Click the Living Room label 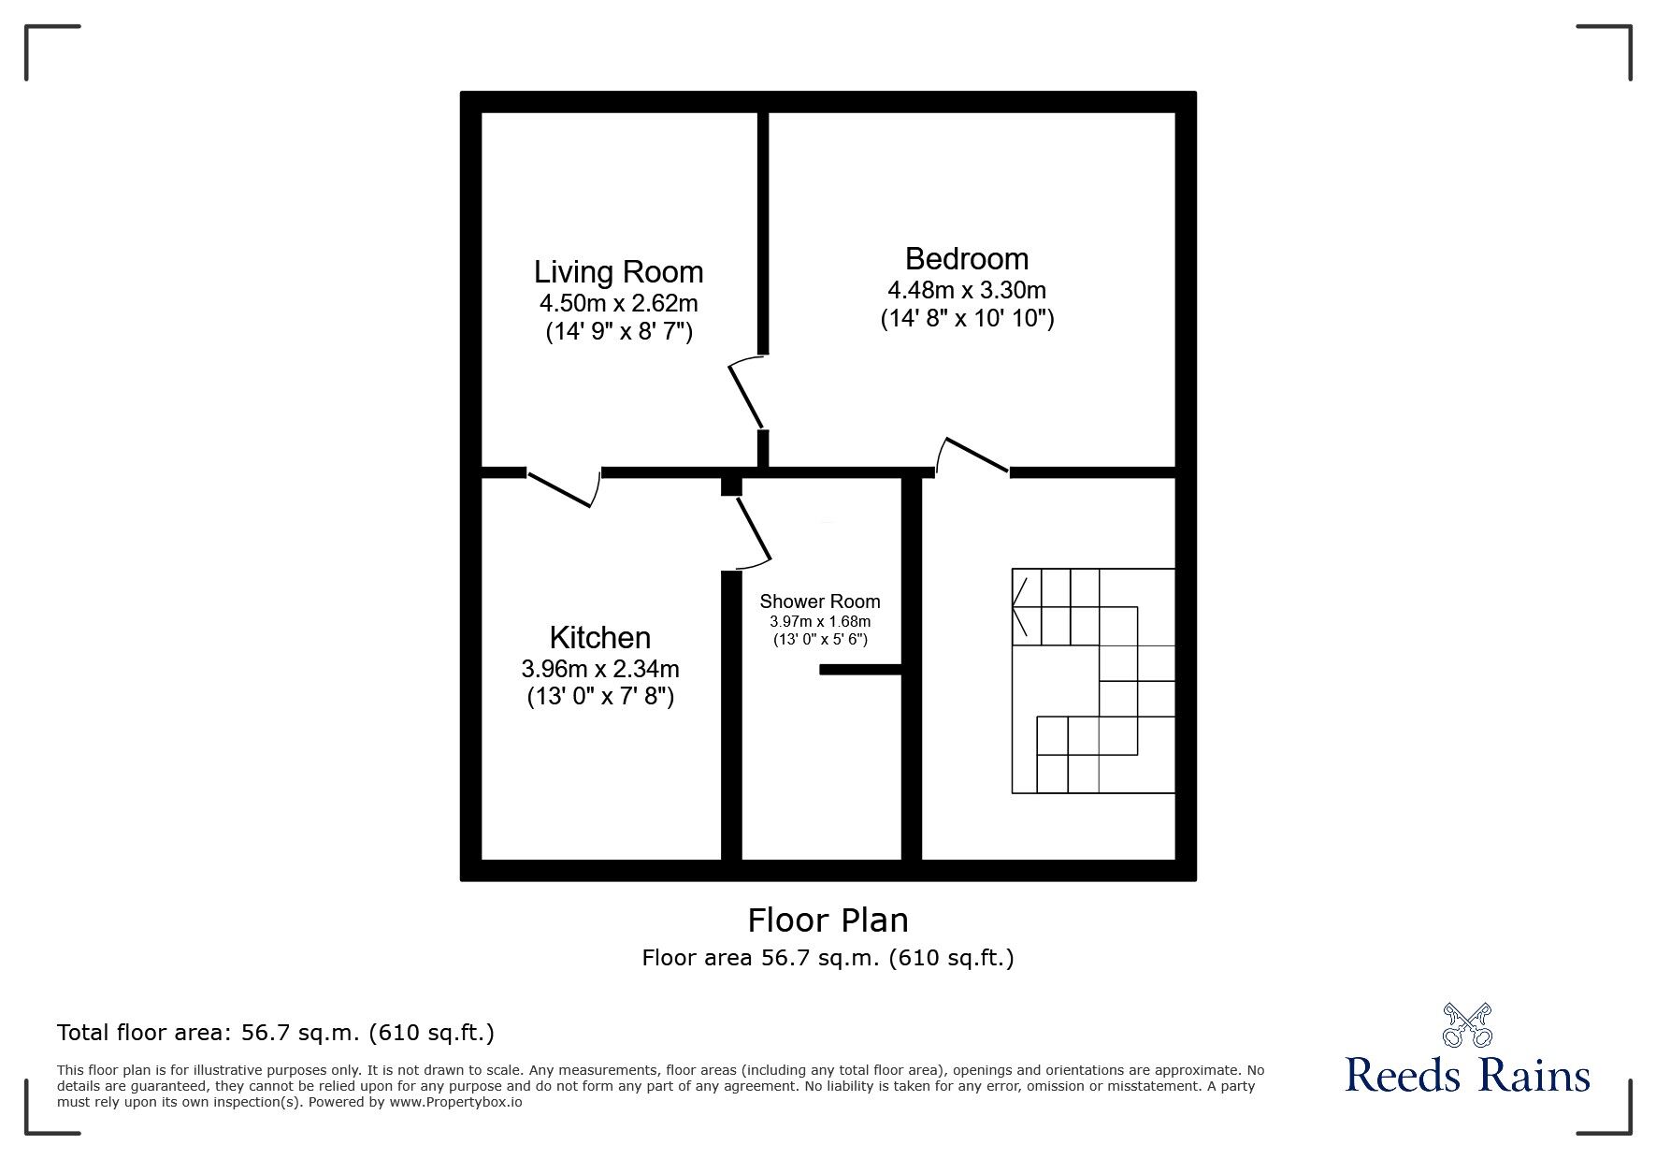click(x=618, y=272)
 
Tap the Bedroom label click(x=966, y=258)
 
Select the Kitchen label click(x=599, y=638)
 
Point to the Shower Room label click(x=819, y=601)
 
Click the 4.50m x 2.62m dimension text click(x=618, y=303)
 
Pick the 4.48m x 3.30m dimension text click(x=966, y=290)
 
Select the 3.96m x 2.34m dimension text click(x=599, y=669)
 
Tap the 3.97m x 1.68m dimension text click(x=819, y=621)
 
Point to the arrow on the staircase click(x=1020, y=607)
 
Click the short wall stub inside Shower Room click(x=859, y=669)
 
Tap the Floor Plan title click(x=828, y=920)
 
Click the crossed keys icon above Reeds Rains click(x=1467, y=1024)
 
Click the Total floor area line click(x=276, y=1033)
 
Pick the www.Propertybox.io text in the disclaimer click(x=455, y=1102)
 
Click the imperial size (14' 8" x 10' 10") click(x=966, y=319)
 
